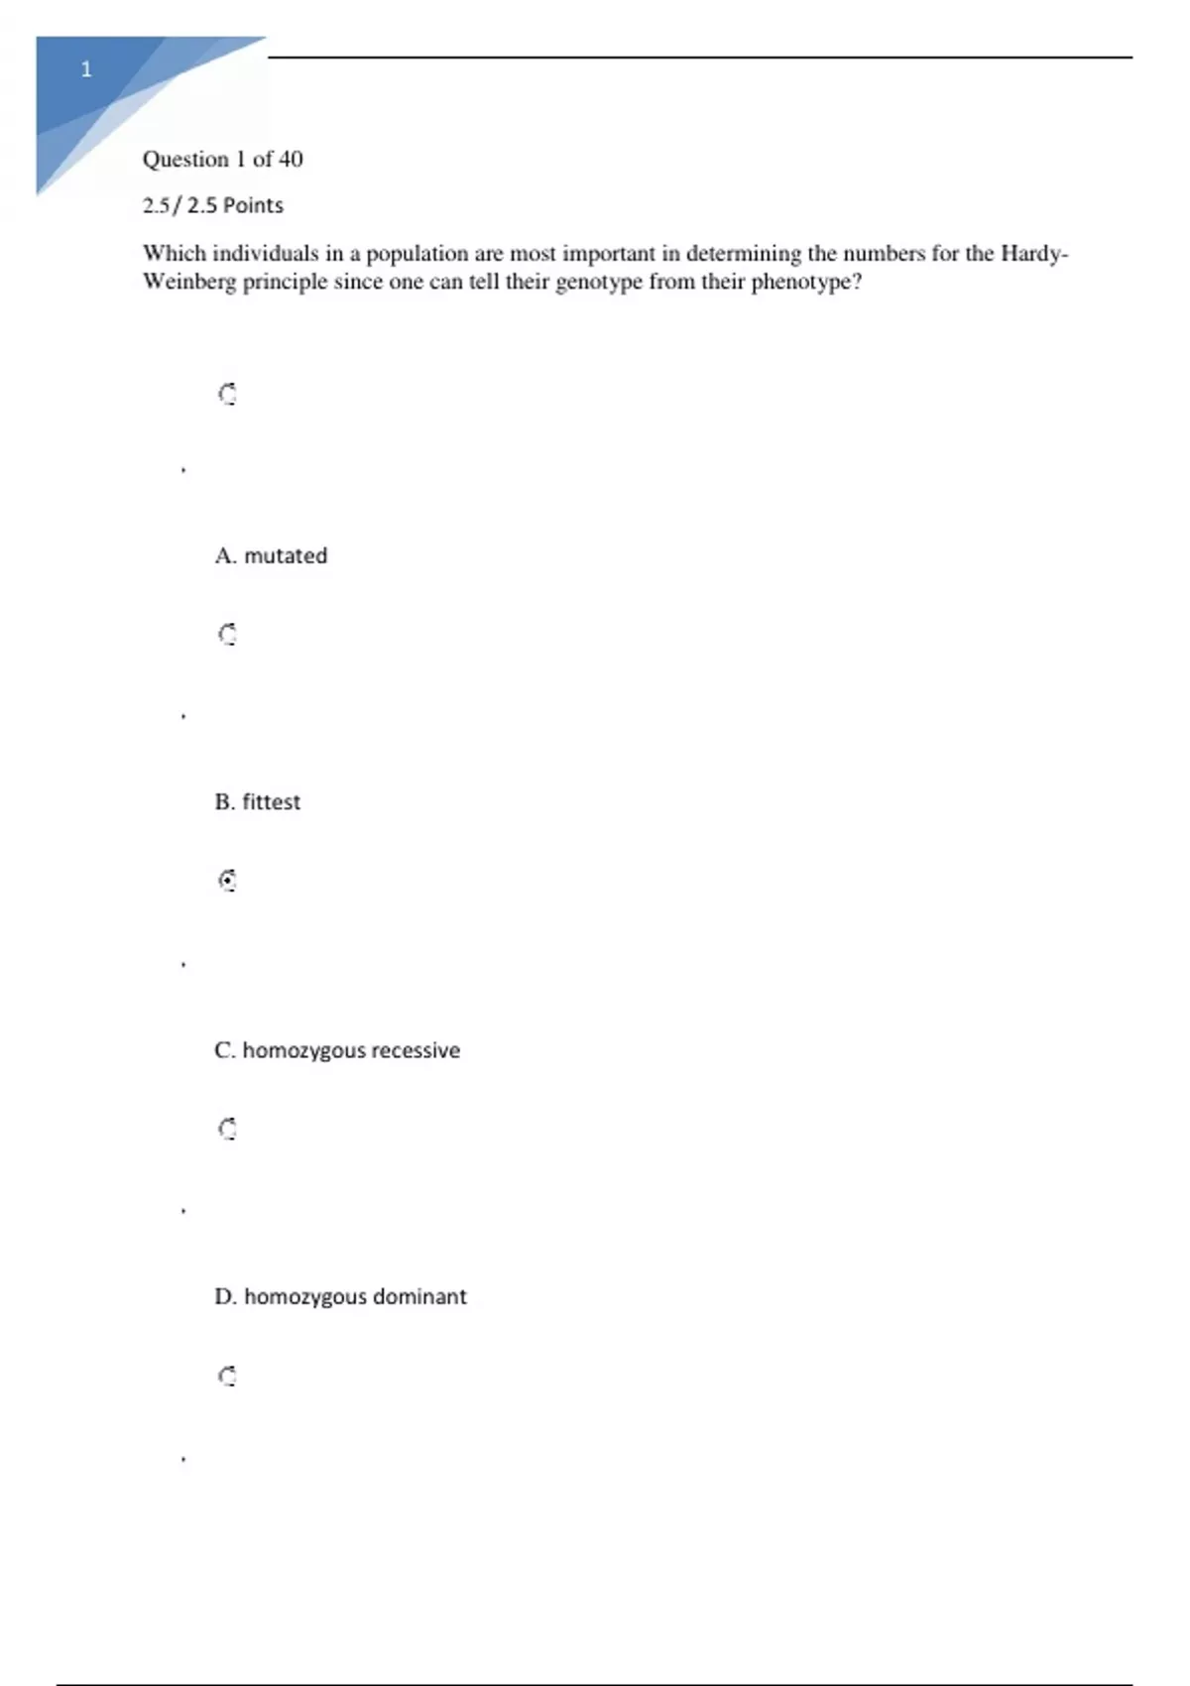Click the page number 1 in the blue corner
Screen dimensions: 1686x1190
pos(86,69)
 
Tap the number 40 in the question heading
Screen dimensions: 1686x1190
pos(291,159)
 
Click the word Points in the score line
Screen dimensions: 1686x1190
pos(253,205)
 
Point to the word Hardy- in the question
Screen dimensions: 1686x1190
pos(1034,253)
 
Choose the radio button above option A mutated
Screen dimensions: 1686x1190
pos(227,395)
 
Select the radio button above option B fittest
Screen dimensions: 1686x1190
pos(227,634)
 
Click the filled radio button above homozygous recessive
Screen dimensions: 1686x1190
pos(227,881)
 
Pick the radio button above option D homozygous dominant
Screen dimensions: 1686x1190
pos(227,1129)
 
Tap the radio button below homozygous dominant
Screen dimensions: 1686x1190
pos(227,1376)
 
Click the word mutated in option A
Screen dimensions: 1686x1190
pos(286,555)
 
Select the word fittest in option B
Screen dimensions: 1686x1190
pos(271,801)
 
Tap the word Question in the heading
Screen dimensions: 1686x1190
pos(185,159)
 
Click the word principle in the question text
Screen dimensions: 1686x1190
pos(285,282)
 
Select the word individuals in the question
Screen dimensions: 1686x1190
pos(265,253)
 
